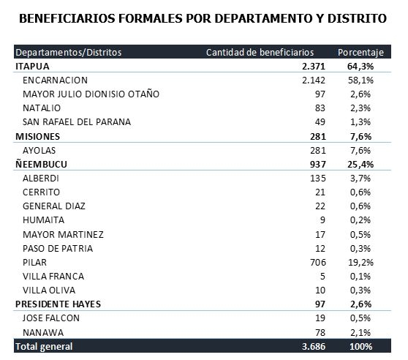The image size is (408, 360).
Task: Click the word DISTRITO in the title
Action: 357,18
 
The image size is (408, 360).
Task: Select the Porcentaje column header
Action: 360,53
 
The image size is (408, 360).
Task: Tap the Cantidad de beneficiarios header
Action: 260,53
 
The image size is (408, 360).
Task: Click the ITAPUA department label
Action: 32,67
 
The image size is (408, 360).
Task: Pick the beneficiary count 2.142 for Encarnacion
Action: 314,80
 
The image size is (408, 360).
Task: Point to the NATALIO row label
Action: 42,108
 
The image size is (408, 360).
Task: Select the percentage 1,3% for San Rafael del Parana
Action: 360,122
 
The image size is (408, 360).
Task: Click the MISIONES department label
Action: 38,136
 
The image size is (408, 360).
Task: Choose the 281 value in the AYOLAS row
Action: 318,151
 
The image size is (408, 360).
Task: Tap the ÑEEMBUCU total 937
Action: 318,165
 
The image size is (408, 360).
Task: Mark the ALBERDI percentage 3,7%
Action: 360,179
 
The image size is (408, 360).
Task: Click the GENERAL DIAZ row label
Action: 54,206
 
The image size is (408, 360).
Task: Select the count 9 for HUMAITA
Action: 322,220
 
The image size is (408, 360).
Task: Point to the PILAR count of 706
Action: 318,263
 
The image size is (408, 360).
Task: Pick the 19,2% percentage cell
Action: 360,263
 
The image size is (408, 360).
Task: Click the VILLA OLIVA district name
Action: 49,290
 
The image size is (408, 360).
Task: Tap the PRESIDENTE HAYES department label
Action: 58,304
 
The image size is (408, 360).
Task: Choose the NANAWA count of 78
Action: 320,332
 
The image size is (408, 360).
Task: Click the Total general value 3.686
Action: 314,347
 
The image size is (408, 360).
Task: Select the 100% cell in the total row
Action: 361,347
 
